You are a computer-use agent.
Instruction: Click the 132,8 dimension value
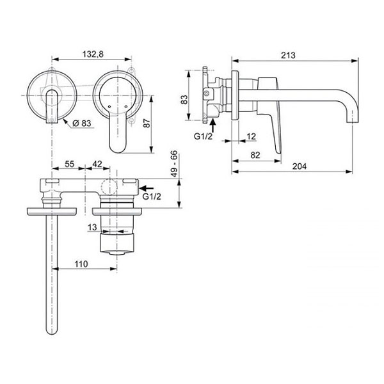93,54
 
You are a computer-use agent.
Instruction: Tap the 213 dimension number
288,55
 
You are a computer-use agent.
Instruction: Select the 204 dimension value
300,166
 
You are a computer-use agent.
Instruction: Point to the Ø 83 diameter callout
82,123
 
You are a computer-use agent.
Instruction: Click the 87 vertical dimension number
147,124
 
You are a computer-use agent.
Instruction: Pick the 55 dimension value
70,164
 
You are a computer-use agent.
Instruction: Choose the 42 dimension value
97,164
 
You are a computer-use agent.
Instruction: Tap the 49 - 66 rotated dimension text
174,164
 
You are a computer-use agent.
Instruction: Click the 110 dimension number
81,264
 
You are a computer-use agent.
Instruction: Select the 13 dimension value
92,227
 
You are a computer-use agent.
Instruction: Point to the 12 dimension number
251,136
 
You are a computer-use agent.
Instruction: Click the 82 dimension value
255,156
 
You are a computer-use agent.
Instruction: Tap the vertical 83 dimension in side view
184,99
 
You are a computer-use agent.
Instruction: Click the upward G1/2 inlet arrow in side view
213,125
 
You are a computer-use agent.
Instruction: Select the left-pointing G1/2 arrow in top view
146,188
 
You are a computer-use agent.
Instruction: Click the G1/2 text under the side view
203,136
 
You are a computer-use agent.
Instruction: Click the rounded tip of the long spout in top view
52,332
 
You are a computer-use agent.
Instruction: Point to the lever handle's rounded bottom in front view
118,148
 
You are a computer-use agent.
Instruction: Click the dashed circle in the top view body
109,187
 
